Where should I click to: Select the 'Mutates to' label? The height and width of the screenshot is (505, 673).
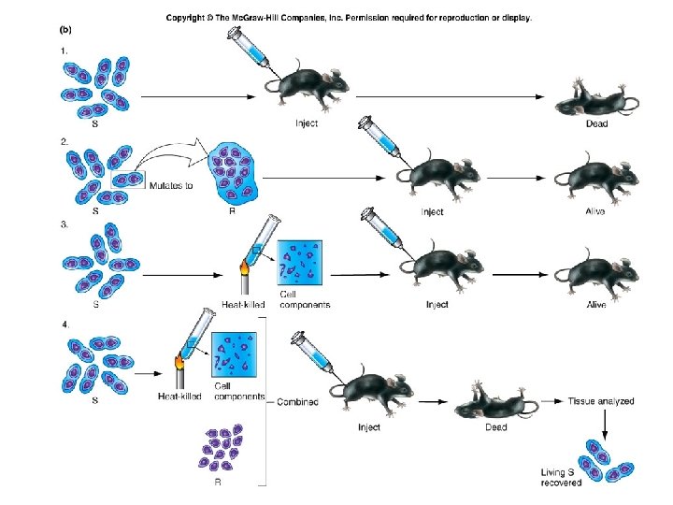click(x=173, y=184)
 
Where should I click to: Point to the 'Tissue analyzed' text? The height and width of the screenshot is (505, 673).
click(x=601, y=401)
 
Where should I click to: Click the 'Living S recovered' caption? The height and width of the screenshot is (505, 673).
click(x=561, y=476)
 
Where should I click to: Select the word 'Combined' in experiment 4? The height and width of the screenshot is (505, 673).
click(x=297, y=402)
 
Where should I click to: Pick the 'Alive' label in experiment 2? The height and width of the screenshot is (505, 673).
click(x=595, y=212)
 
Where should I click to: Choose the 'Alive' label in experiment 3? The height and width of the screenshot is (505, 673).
click(x=595, y=305)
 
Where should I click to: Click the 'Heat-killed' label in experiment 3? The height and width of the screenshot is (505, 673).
click(x=243, y=304)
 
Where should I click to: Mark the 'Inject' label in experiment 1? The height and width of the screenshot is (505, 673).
click(x=307, y=123)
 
